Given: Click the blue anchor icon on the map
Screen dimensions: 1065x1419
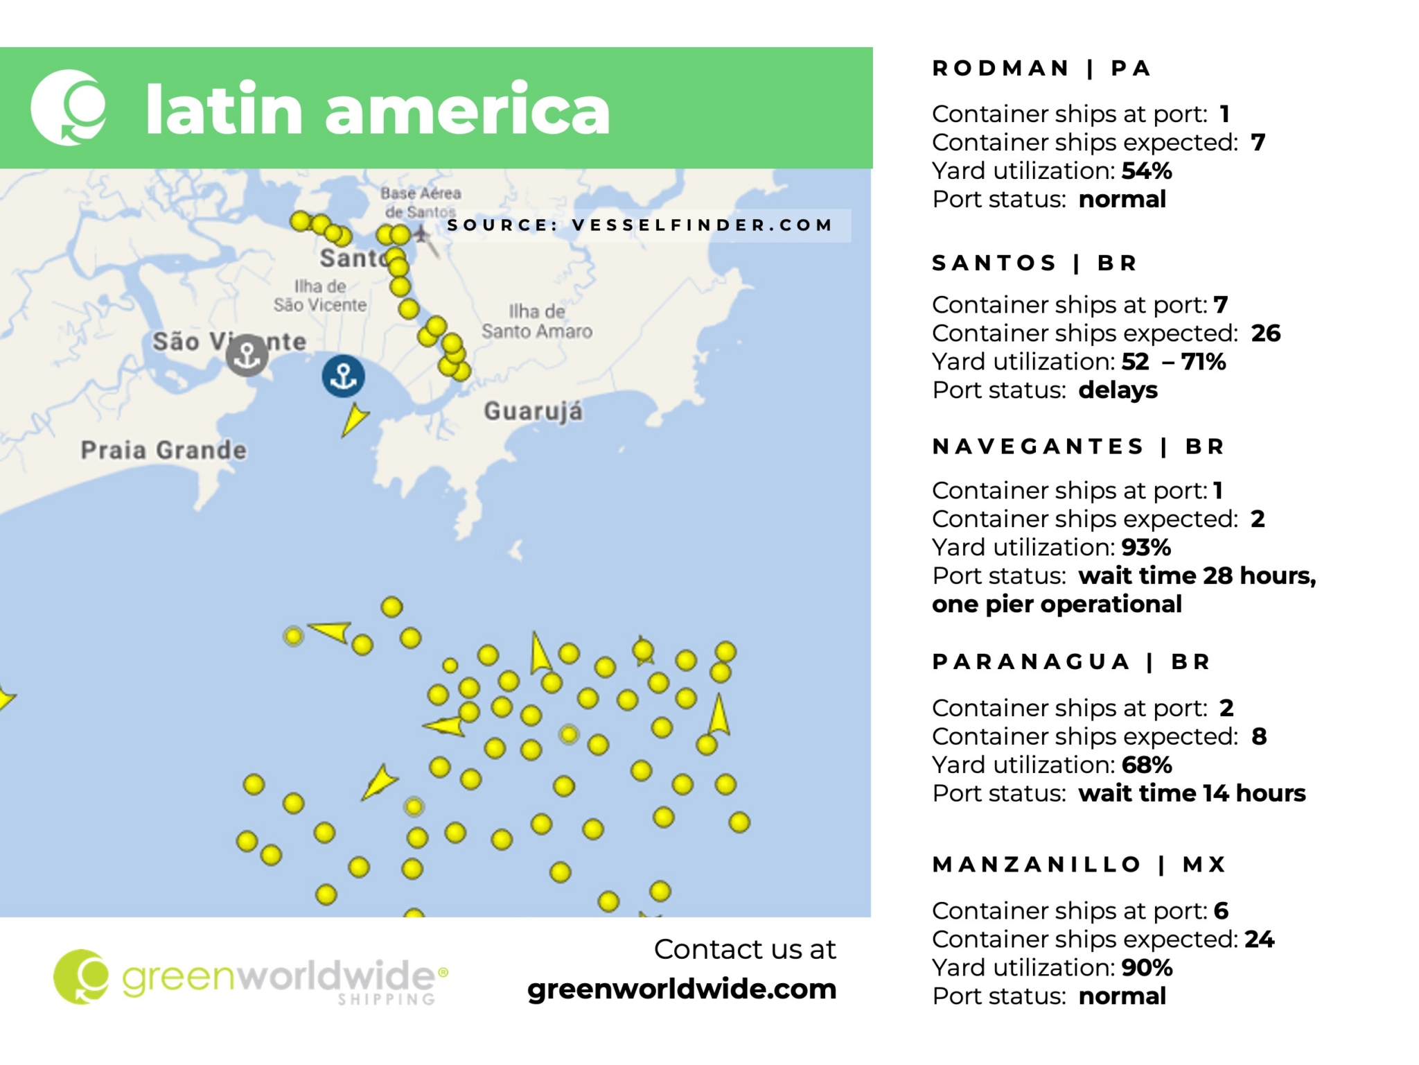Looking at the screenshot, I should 343,376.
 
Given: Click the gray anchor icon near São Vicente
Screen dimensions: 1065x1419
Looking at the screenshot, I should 247,355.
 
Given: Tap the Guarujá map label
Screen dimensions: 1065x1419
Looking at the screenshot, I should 533,411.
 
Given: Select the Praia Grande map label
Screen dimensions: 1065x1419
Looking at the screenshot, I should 164,450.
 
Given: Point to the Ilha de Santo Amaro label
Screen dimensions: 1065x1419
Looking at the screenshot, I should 537,321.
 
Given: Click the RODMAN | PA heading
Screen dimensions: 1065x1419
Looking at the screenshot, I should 1041,68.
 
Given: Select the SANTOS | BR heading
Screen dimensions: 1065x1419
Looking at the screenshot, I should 1034,263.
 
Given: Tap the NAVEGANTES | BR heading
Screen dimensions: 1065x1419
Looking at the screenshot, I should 1078,446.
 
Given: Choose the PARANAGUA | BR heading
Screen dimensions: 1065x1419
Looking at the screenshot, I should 1070,661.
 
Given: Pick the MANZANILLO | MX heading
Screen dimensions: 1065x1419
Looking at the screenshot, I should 1079,864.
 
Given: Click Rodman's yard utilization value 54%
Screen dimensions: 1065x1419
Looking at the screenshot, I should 1147,171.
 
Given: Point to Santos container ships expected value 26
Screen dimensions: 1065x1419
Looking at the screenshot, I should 1265,334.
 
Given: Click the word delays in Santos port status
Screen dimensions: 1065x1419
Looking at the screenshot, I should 1118,390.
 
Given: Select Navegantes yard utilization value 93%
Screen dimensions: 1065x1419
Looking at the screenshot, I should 1146,548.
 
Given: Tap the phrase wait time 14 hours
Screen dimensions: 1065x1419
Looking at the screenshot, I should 1191,793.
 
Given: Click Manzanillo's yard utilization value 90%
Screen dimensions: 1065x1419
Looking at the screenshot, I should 1147,967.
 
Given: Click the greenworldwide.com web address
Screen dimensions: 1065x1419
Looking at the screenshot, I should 682,989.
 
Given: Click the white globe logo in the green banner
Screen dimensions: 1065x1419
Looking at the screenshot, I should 69,107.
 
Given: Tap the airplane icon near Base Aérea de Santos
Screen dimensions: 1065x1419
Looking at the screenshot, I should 421,234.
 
